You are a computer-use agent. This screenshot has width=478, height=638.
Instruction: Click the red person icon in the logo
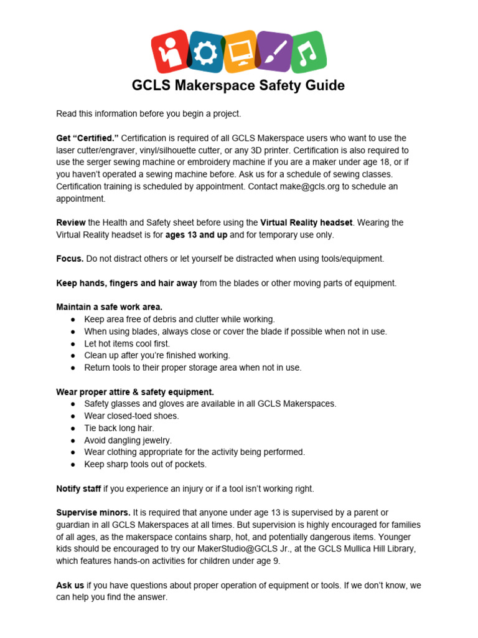tap(169, 51)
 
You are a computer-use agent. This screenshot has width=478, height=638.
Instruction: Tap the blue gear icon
tap(204, 53)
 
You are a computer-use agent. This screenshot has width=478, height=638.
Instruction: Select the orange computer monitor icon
tap(239, 52)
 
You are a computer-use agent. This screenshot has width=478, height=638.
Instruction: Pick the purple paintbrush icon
tap(274, 52)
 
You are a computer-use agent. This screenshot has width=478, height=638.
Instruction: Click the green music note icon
tap(308, 52)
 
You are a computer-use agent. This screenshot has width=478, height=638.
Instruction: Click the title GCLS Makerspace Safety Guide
tap(238, 85)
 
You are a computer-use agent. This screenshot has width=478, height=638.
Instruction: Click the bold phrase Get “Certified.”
tap(87, 138)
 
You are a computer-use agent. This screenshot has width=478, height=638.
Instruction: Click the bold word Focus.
tap(70, 259)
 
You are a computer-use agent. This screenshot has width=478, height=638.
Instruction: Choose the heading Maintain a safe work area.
tap(109, 307)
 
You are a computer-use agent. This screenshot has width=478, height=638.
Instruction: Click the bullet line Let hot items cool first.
tap(127, 343)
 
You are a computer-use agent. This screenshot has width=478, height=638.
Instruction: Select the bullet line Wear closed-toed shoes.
tap(131, 416)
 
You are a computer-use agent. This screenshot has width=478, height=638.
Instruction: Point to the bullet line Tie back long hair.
tap(119, 428)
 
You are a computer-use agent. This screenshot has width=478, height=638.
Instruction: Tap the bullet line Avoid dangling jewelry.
tap(128, 440)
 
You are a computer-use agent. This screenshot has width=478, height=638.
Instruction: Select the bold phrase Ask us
tap(70, 585)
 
